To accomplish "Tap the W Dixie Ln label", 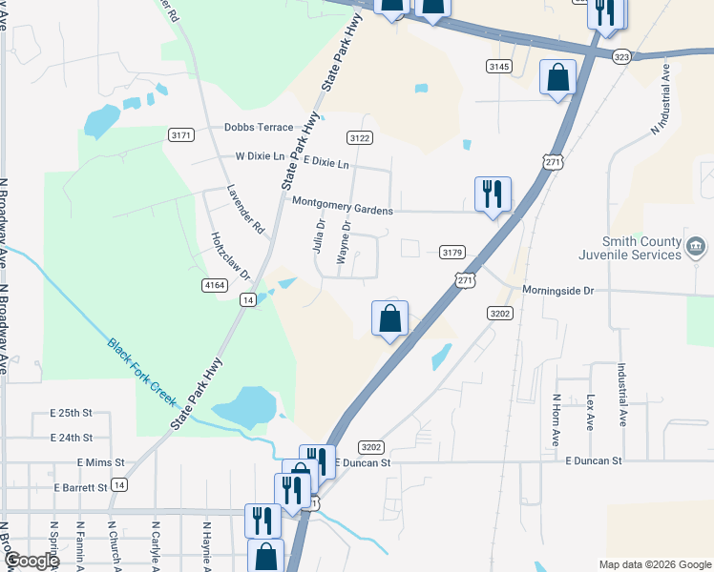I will point(260,155).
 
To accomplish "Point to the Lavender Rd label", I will point(245,209).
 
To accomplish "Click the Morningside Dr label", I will point(558,289).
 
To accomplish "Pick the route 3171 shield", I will point(181,134).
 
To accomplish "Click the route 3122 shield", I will point(360,138).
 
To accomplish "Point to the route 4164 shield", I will point(215,284).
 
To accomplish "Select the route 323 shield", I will point(622,57).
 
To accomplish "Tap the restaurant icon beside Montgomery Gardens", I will point(493,194).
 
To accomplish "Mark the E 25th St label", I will point(71,414).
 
